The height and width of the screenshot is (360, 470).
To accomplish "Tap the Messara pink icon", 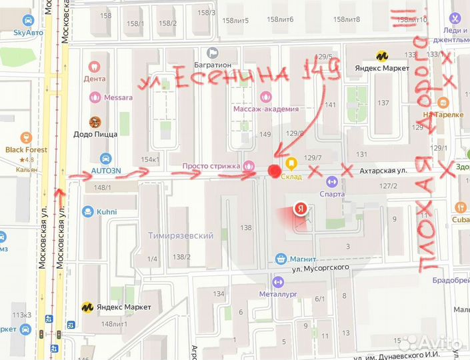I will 94,97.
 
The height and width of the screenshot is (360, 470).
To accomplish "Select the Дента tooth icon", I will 94,67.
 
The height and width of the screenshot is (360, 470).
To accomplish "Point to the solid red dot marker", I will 273,171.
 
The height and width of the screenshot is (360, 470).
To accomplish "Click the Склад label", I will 291,177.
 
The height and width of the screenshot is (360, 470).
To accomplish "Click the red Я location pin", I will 301,209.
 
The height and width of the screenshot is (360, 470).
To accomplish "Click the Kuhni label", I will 105,212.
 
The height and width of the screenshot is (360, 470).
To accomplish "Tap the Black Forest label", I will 26,150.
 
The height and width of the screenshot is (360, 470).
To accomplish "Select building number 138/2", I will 181,257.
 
